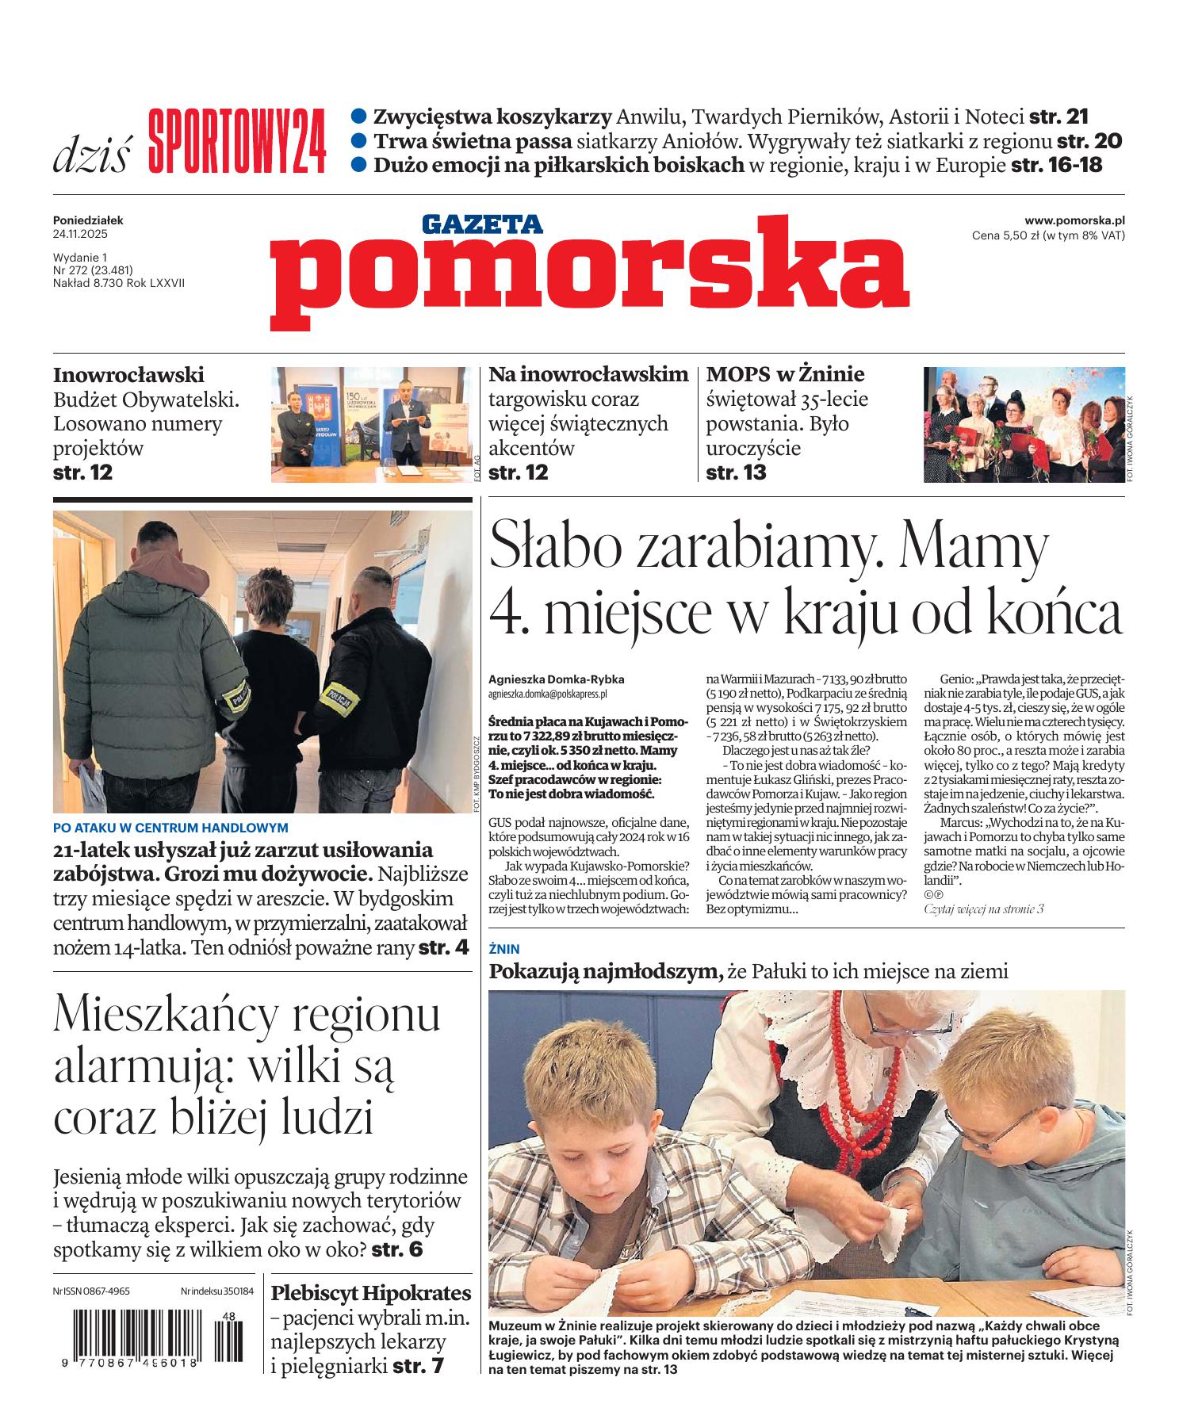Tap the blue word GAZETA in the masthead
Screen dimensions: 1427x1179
click(x=482, y=224)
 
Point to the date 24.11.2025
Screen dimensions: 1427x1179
click(x=80, y=235)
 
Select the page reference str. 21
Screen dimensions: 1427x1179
click(x=1058, y=117)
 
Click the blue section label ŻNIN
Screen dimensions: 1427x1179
click(x=503, y=948)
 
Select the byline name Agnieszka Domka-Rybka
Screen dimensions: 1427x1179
click(x=557, y=679)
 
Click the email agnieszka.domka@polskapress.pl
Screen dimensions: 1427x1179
click(x=548, y=693)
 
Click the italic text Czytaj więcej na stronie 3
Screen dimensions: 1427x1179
click(x=983, y=909)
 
